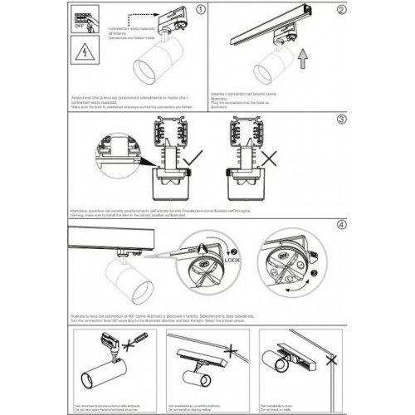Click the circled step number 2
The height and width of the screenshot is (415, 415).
point(340,12)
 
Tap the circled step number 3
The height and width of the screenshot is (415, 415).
point(340,119)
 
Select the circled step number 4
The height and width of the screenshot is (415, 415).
point(340,224)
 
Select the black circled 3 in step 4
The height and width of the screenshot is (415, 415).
point(313,271)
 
